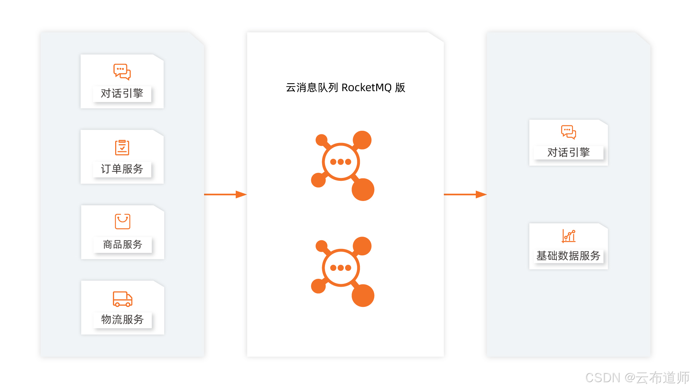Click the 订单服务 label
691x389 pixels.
coord(122,169)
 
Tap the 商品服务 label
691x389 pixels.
coord(122,244)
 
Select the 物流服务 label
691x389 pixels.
coord(122,319)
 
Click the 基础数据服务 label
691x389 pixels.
coord(568,256)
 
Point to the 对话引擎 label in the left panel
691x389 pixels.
coord(122,93)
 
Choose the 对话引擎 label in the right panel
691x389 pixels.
coord(568,152)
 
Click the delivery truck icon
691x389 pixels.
coord(122,299)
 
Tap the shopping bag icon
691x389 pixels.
coord(122,221)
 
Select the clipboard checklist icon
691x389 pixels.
coord(122,147)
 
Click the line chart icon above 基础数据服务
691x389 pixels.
coord(569,236)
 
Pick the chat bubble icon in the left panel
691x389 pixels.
coord(122,72)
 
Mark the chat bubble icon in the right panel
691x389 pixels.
coord(568,132)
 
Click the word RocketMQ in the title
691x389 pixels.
coord(366,88)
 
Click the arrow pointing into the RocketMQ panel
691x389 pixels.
coord(225,194)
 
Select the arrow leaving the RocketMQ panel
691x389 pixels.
coord(465,194)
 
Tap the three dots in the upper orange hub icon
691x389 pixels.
coord(340,162)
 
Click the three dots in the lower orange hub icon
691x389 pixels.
coord(340,268)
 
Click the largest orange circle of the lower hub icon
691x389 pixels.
coord(363,295)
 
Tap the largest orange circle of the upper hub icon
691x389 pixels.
coord(363,189)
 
